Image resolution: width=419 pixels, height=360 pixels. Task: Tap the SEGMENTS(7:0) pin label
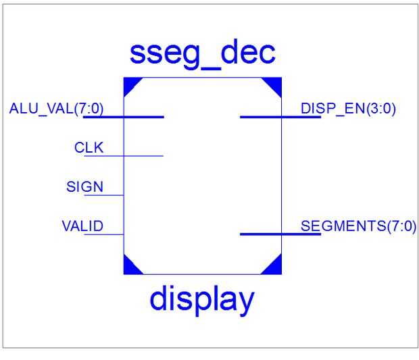(359, 226)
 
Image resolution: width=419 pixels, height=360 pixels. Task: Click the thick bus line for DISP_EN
(270, 117)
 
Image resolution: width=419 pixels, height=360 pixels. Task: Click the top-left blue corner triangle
(130, 84)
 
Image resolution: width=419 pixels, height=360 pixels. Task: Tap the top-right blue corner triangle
(275, 84)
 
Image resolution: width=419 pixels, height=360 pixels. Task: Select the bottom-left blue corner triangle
(130, 267)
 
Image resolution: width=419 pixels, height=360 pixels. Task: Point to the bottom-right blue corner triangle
(275, 267)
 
